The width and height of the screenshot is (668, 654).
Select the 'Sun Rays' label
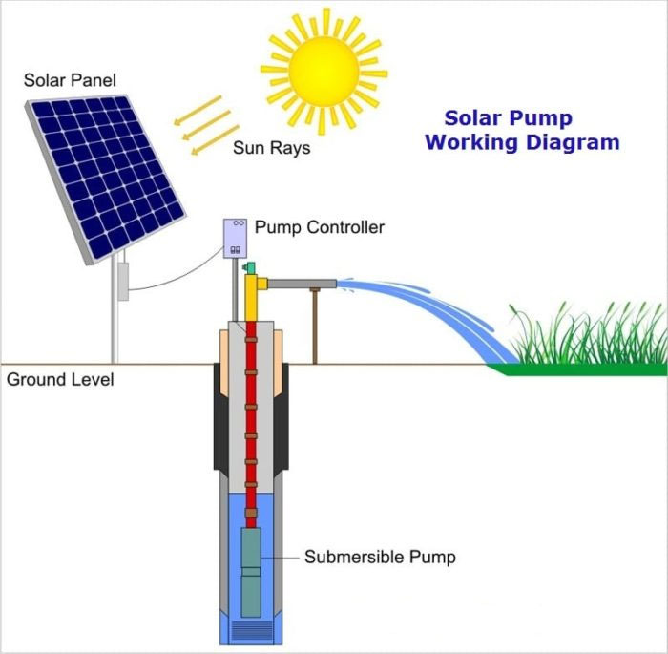(271, 149)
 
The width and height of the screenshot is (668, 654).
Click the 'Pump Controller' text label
(320, 228)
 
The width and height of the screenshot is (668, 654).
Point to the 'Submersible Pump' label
(380, 557)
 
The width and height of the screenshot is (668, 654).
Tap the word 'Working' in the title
(468, 143)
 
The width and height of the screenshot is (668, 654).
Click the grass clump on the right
(587, 339)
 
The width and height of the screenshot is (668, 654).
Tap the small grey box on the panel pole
(122, 281)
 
